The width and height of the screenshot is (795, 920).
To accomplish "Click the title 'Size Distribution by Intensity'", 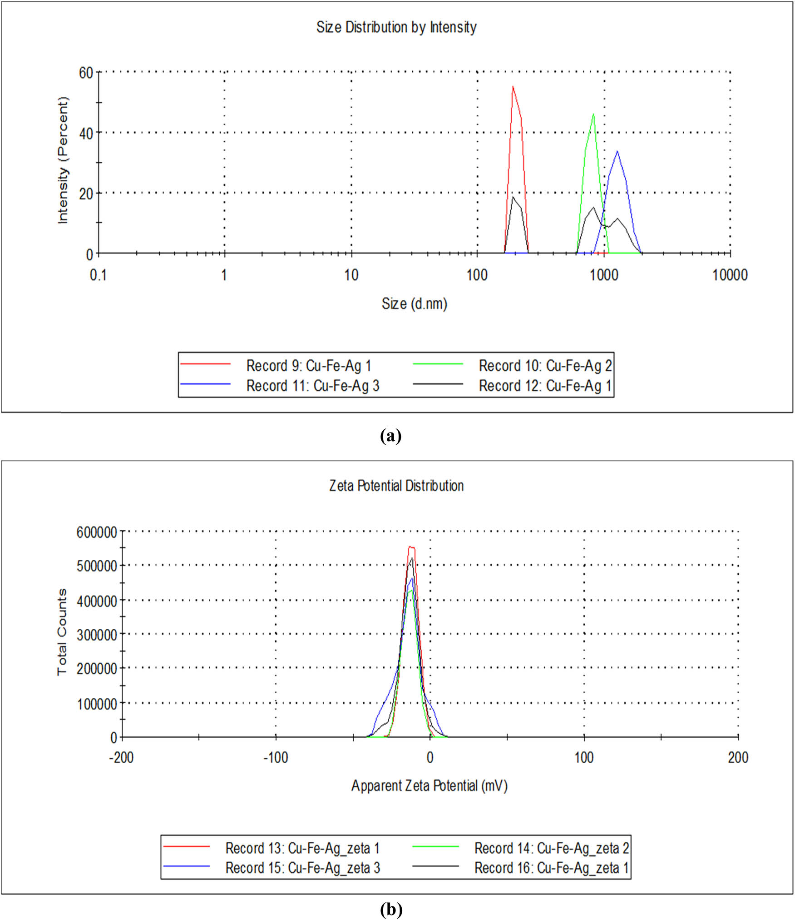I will click(x=396, y=27).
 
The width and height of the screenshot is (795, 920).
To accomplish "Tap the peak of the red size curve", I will click(x=513, y=87).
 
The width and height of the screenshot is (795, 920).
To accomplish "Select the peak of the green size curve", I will click(x=593, y=114).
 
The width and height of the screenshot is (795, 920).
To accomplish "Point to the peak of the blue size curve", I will click(x=617, y=151).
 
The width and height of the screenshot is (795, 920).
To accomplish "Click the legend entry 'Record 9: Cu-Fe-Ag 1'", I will click(x=308, y=365).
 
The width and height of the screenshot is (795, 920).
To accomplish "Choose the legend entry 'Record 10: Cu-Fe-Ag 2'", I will click(x=545, y=365).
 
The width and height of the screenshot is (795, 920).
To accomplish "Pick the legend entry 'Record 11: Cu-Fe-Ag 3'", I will click(x=312, y=386).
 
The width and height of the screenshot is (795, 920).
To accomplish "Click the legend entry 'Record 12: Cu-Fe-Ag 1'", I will click(x=545, y=386).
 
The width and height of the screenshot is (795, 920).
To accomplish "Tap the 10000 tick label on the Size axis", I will click(x=730, y=275).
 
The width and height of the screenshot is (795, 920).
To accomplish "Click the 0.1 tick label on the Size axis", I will click(x=98, y=275).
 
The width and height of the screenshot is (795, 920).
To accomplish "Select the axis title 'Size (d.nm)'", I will click(x=414, y=303).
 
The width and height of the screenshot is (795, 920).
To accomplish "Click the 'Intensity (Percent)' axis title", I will click(x=63, y=160).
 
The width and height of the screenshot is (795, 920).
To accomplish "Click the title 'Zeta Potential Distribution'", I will click(x=396, y=486).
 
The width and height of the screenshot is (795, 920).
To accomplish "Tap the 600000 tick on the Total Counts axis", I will click(x=97, y=532).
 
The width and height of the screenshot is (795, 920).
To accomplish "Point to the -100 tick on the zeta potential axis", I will click(x=276, y=757).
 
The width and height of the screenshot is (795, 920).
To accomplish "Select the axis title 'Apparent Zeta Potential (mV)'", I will click(x=429, y=786).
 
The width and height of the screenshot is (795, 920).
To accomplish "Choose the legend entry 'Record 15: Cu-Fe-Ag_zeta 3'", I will click(x=302, y=868).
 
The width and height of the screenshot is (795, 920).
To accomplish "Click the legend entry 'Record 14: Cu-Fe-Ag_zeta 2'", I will click(x=551, y=848).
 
